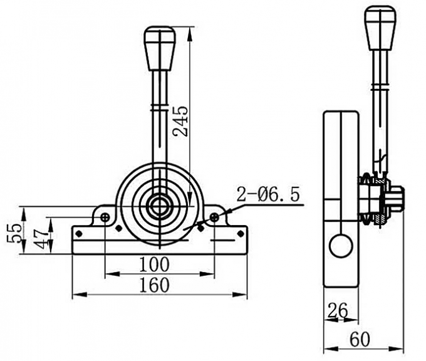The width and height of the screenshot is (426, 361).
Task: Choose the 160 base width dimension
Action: (x=154, y=285)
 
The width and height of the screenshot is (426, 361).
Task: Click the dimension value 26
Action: (x=338, y=309)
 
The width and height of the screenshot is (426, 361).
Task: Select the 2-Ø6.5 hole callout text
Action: (x=268, y=194)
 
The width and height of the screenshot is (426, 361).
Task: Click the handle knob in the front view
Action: (x=159, y=49)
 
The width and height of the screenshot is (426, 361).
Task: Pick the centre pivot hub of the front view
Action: (x=160, y=204)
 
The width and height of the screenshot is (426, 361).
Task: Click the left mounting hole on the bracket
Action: (x=105, y=217)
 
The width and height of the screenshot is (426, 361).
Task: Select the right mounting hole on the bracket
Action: (x=214, y=217)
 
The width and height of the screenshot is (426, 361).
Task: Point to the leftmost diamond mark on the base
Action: (x=79, y=233)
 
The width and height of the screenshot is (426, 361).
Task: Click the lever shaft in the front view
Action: (x=159, y=125)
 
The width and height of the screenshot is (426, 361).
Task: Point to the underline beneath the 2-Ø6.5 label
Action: (x=263, y=206)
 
